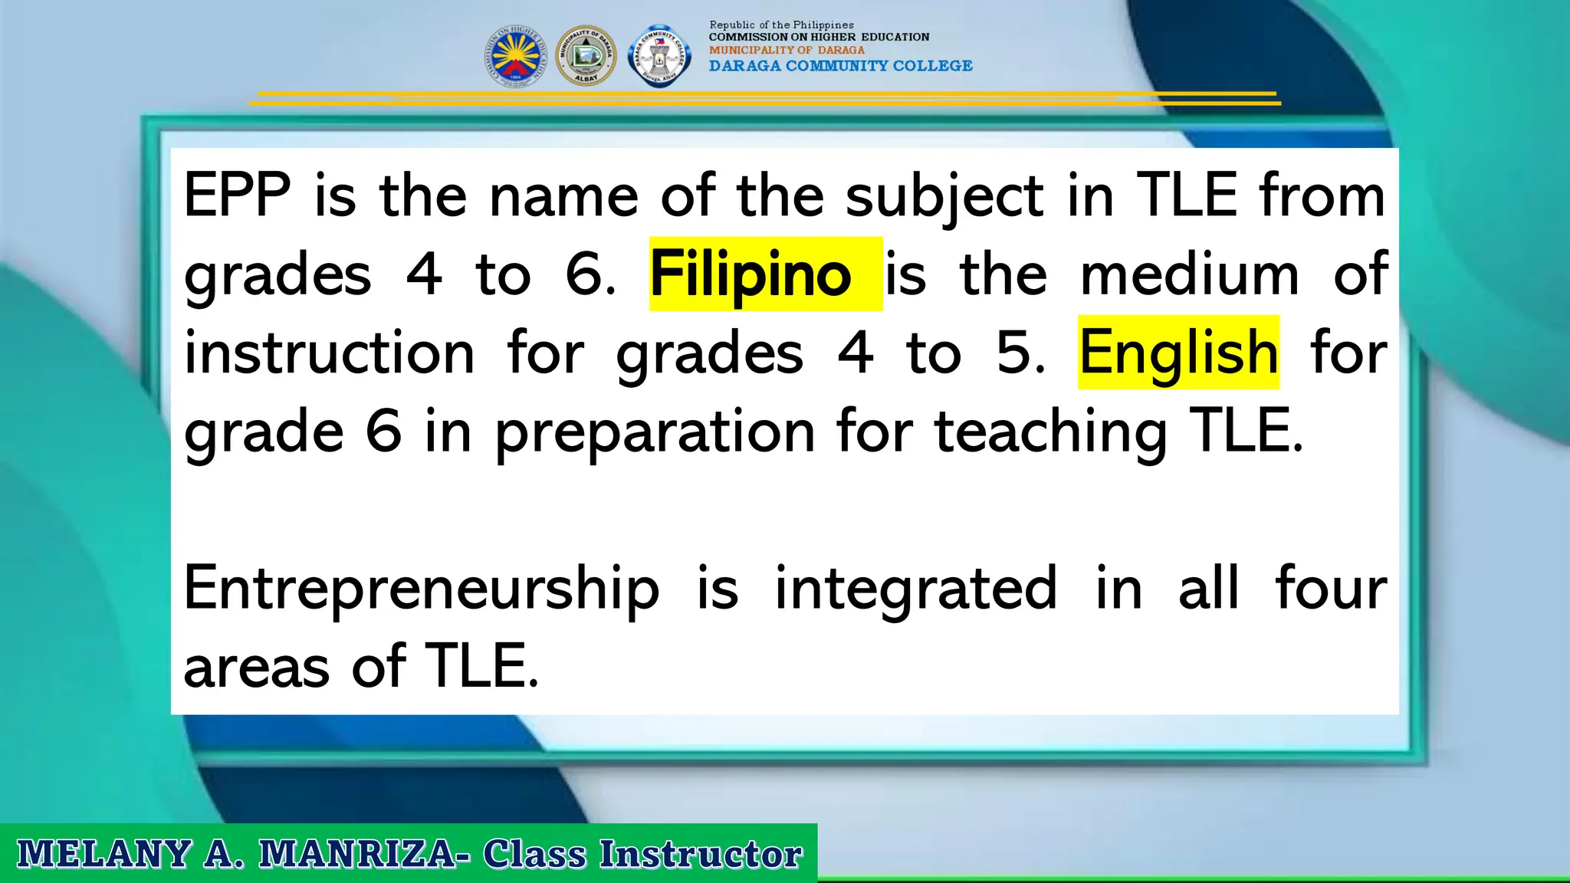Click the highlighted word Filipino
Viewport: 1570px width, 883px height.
click(x=751, y=274)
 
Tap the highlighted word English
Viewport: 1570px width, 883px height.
click(x=1178, y=353)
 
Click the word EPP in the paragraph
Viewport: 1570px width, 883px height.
click(x=237, y=195)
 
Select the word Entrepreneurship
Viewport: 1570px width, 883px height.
click(x=421, y=589)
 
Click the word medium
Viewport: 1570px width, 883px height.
click(x=1189, y=274)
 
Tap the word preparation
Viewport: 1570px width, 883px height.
click(x=655, y=432)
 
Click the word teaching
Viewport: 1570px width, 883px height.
click(x=1050, y=432)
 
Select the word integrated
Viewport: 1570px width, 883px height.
click(x=916, y=589)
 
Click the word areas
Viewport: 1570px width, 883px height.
click(x=256, y=667)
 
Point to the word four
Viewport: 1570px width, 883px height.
click(x=1331, y=589)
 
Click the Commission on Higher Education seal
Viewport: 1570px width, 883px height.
click(x=516, y=56)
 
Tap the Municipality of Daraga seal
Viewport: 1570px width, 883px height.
click(x=586, y=56)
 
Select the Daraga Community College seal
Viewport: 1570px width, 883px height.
click(x=659, y=56)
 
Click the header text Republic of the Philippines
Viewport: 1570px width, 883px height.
click(x=781, y=25)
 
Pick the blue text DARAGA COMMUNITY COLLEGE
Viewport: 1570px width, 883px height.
click(x=840, y=66)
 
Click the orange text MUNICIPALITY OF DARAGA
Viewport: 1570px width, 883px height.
click(x=787, y=50)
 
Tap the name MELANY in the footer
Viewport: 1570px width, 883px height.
click(x=103, y=854)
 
